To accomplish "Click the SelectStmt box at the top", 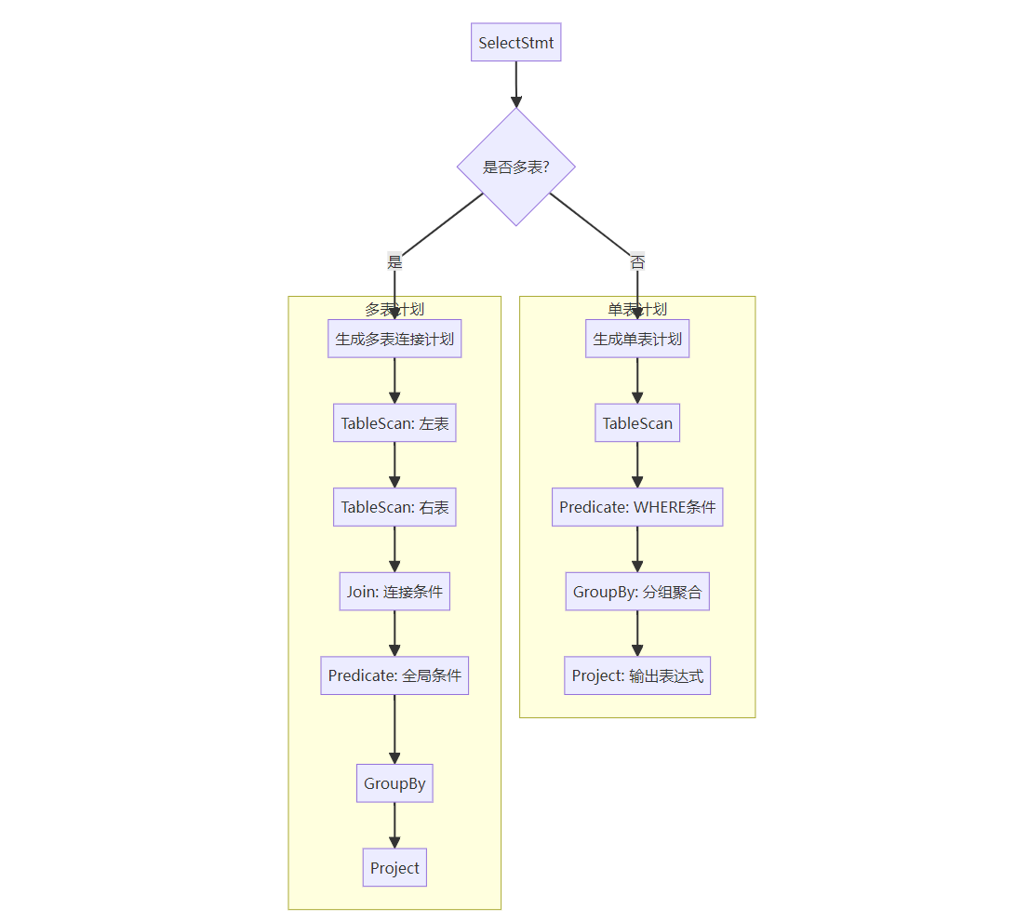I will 515,43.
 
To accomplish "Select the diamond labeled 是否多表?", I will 515,167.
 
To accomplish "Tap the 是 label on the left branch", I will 394,262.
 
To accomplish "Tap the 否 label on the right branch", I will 637,262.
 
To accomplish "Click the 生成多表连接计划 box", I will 394,339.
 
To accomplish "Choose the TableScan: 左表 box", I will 394,423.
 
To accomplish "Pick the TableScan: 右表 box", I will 394,507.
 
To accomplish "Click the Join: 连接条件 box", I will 394,592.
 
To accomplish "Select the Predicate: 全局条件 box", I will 394,675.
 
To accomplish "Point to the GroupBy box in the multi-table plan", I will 394,783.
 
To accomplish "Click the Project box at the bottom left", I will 394,868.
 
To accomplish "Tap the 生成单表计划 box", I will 637,339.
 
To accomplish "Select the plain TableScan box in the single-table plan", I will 637,423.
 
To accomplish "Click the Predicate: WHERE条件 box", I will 637,507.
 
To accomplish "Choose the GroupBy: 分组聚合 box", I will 637,592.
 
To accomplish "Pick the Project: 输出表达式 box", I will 637,675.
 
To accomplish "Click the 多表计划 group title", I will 394,309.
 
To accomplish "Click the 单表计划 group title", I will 637,309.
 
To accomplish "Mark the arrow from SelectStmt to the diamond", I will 515,85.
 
